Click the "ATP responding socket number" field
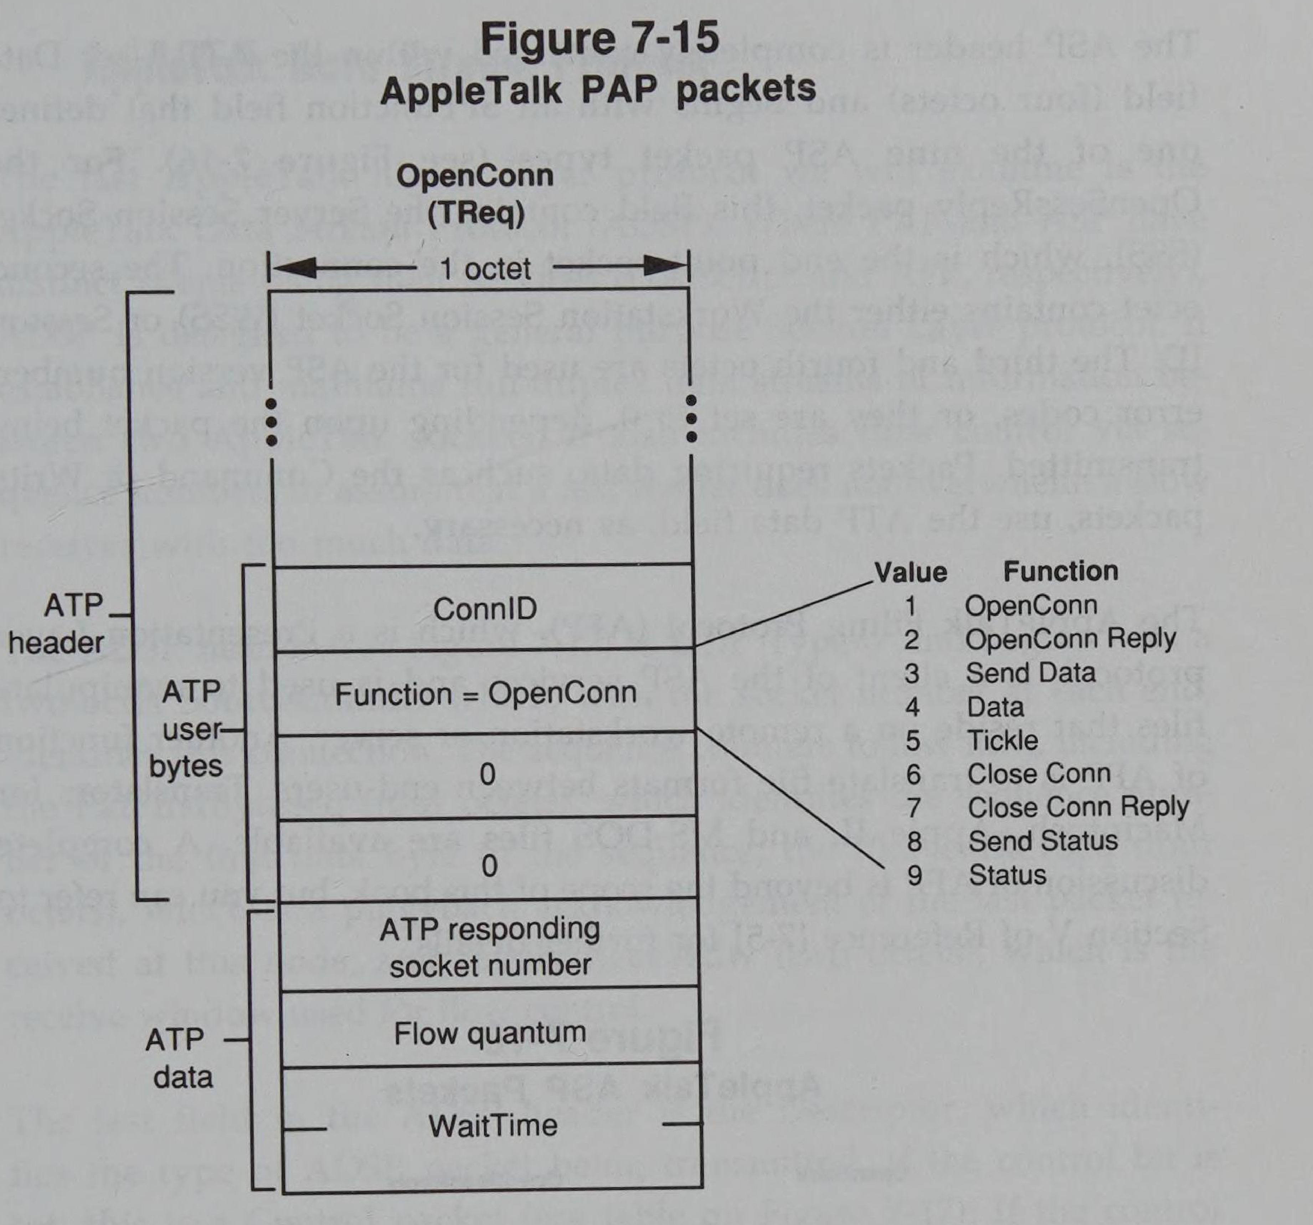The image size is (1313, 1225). pyautogui.click(x=489, y=947)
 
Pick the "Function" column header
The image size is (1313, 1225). pyautogui.click(x=1061, y=571)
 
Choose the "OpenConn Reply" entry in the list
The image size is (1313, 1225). pyautogui.click(x=1070, y=639)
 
